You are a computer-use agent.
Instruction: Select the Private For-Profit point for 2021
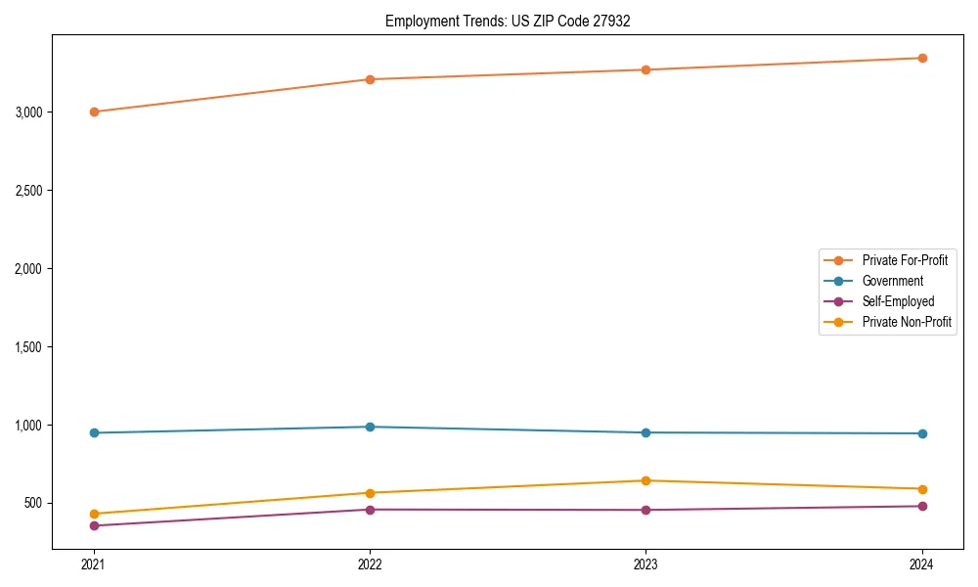(x=94, y=112)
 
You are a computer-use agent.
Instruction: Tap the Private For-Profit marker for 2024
(x=921, y=58)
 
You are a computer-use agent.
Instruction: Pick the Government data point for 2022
(x=370, y=427)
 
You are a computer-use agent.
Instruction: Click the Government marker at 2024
(x=921, y=433)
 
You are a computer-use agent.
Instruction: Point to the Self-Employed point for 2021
(x=94, y=525)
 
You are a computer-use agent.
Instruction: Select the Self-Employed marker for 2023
(x=645, y=510)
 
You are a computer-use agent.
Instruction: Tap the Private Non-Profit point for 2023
(x=645, y=480)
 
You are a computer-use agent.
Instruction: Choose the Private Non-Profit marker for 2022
(x=370, y=493)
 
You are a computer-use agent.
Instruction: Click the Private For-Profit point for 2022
(x=370, y=79)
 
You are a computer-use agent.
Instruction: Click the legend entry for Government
(x=892, y=281)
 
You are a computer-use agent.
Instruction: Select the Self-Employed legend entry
(x=898, y=301)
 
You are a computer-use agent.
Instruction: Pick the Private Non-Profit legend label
(x=907, y=322)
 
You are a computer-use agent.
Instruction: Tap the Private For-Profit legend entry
(x=905, y=260)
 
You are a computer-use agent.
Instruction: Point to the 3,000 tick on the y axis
(x=29, y=112)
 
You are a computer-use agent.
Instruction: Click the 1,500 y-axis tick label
(x=29, y=346)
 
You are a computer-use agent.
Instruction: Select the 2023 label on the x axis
(x=645, y=564)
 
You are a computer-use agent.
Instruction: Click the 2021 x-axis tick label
(x=94, y=564)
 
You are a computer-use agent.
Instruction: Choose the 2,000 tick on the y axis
(x=29, y=268)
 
